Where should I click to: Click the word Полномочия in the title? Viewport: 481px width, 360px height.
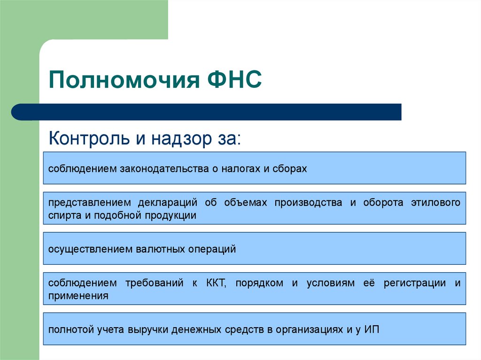124,80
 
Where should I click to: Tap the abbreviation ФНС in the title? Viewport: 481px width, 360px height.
234,79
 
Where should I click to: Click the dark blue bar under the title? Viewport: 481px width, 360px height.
206,112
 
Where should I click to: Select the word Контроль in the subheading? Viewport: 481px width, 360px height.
89,138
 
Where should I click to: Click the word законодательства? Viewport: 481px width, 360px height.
164,169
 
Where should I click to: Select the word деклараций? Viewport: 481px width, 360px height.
168,203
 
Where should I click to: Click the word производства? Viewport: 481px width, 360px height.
308,203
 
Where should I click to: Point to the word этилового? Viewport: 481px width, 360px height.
435,202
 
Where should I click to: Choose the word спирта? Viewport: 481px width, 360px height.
65,215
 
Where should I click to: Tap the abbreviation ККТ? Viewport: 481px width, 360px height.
216,283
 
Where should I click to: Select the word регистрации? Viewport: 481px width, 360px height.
415,283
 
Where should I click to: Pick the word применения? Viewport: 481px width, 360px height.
78,296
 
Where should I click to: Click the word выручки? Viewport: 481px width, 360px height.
148,329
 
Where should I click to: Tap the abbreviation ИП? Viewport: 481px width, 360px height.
372,329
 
